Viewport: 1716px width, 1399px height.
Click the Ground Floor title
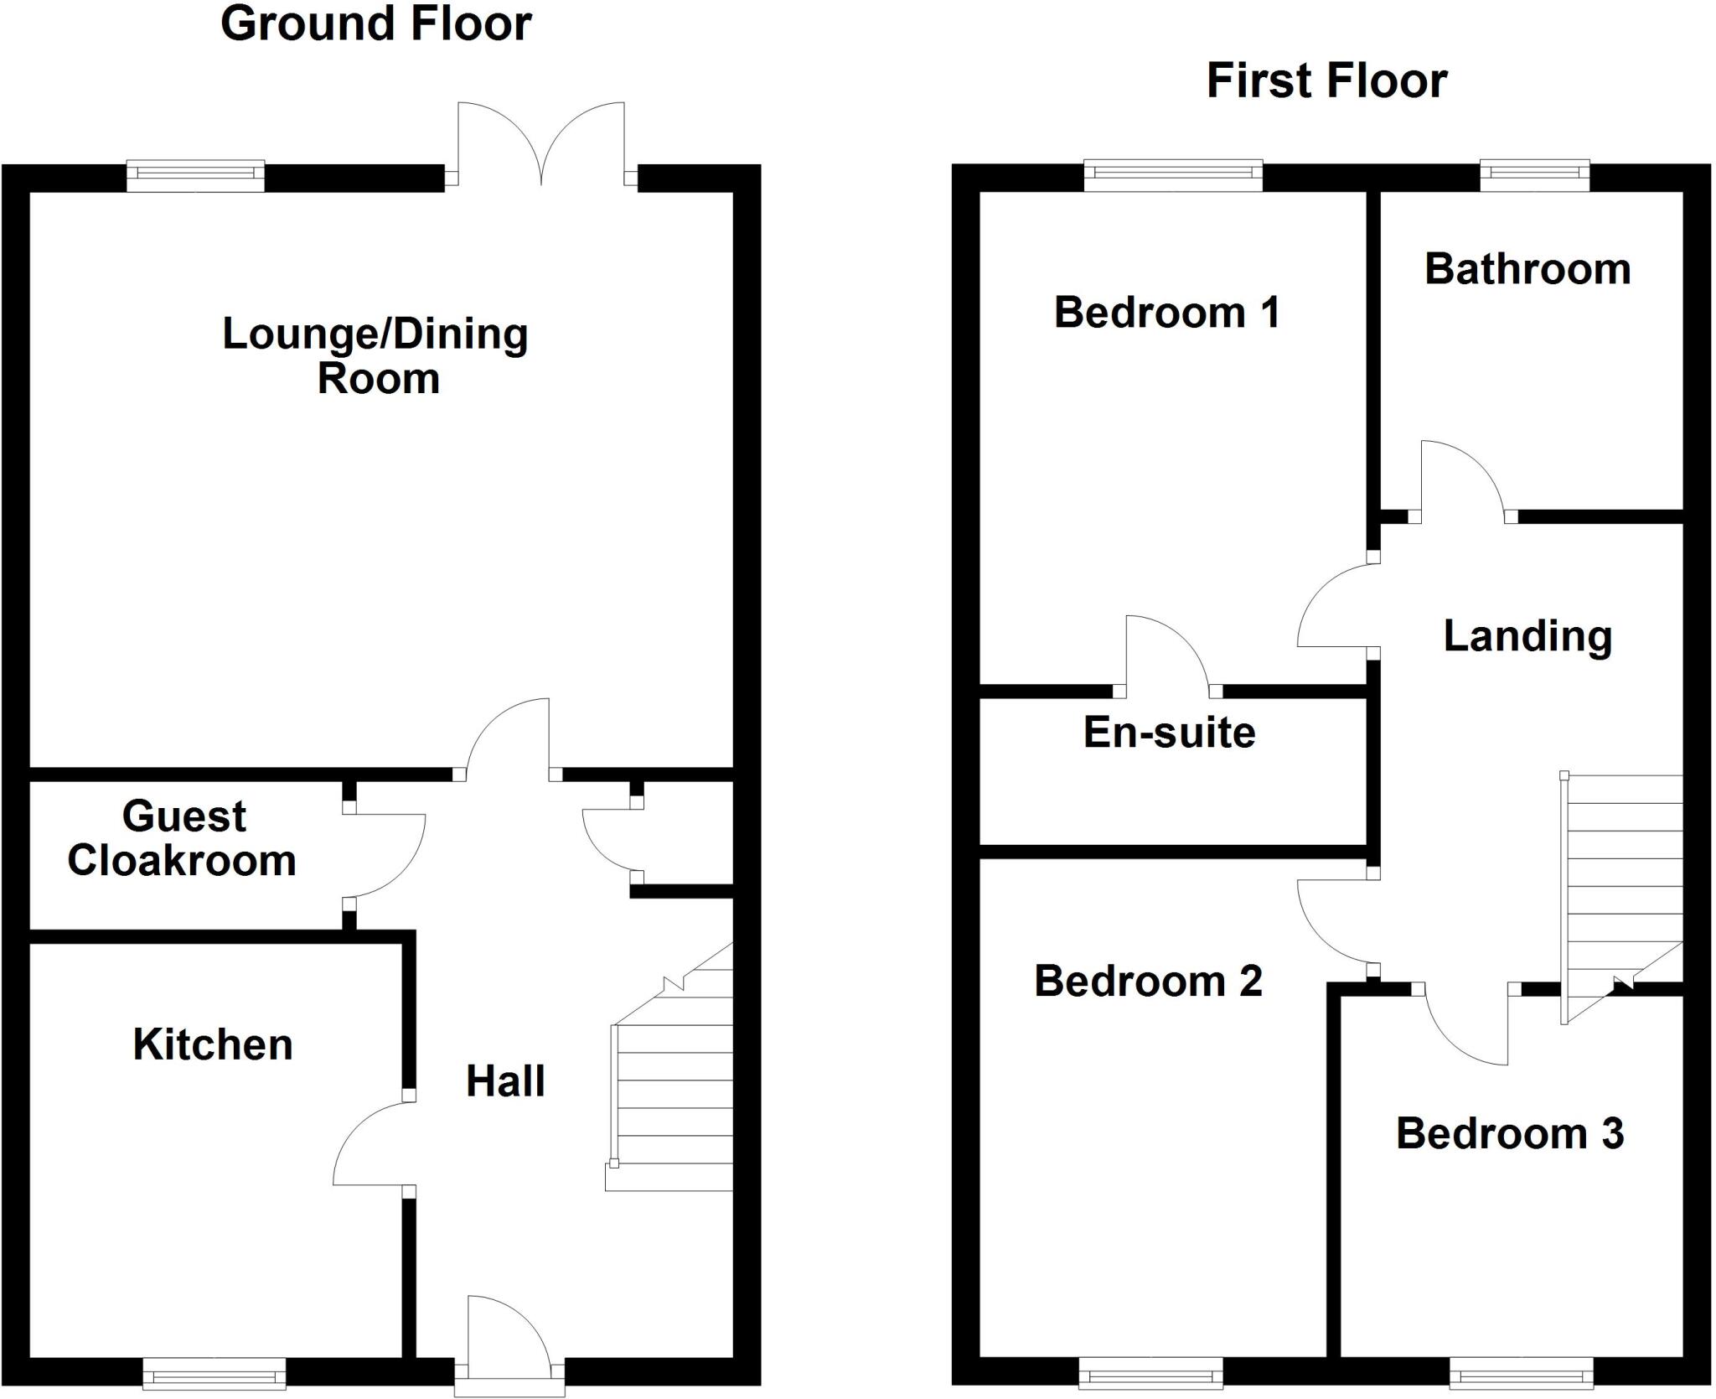tap(375, 23)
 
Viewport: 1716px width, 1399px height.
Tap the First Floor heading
tap(1326, 81)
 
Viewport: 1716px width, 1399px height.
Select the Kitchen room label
tap(213, 1045)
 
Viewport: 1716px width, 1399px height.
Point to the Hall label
tap(505, 1081)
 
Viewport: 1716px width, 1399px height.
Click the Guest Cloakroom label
tap(183, 838)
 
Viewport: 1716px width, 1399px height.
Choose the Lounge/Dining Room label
tap(375, 355)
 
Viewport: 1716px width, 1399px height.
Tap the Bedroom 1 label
tap(1166, 313)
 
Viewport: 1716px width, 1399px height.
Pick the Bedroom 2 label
tap(1148, 981)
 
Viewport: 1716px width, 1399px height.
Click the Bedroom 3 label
tap(1510, 1134)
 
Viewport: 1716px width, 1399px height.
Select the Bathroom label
tap(1527, 269)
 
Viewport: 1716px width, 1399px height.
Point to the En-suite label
tap(1170, 733)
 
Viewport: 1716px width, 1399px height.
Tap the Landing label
tap(1527, 636)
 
